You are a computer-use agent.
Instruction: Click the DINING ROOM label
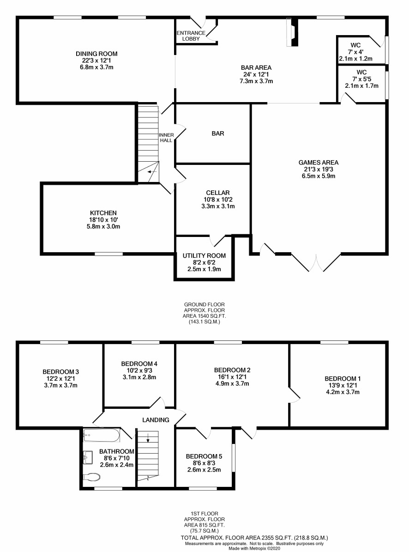coord(97,54)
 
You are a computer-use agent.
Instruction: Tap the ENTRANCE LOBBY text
coord(191,36)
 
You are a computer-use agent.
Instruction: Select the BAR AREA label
coord(256,67)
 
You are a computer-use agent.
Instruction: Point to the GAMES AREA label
coord(318,163)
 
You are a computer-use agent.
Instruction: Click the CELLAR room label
coord(218,193)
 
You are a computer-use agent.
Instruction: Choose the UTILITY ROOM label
coord(204,255)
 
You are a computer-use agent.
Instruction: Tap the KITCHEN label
coord(103,213)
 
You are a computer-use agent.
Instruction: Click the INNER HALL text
coord(166,138)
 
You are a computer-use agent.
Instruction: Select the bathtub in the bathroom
coord(102,435)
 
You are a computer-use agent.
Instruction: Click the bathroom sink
coord(88,457)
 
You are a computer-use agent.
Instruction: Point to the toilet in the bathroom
coord(91,477)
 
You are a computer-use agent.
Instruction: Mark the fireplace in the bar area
coord(292,32)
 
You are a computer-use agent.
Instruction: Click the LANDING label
coord(156,420)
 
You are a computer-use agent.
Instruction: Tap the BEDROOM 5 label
coord(204,456)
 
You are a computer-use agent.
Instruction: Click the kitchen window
coord(108,254)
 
